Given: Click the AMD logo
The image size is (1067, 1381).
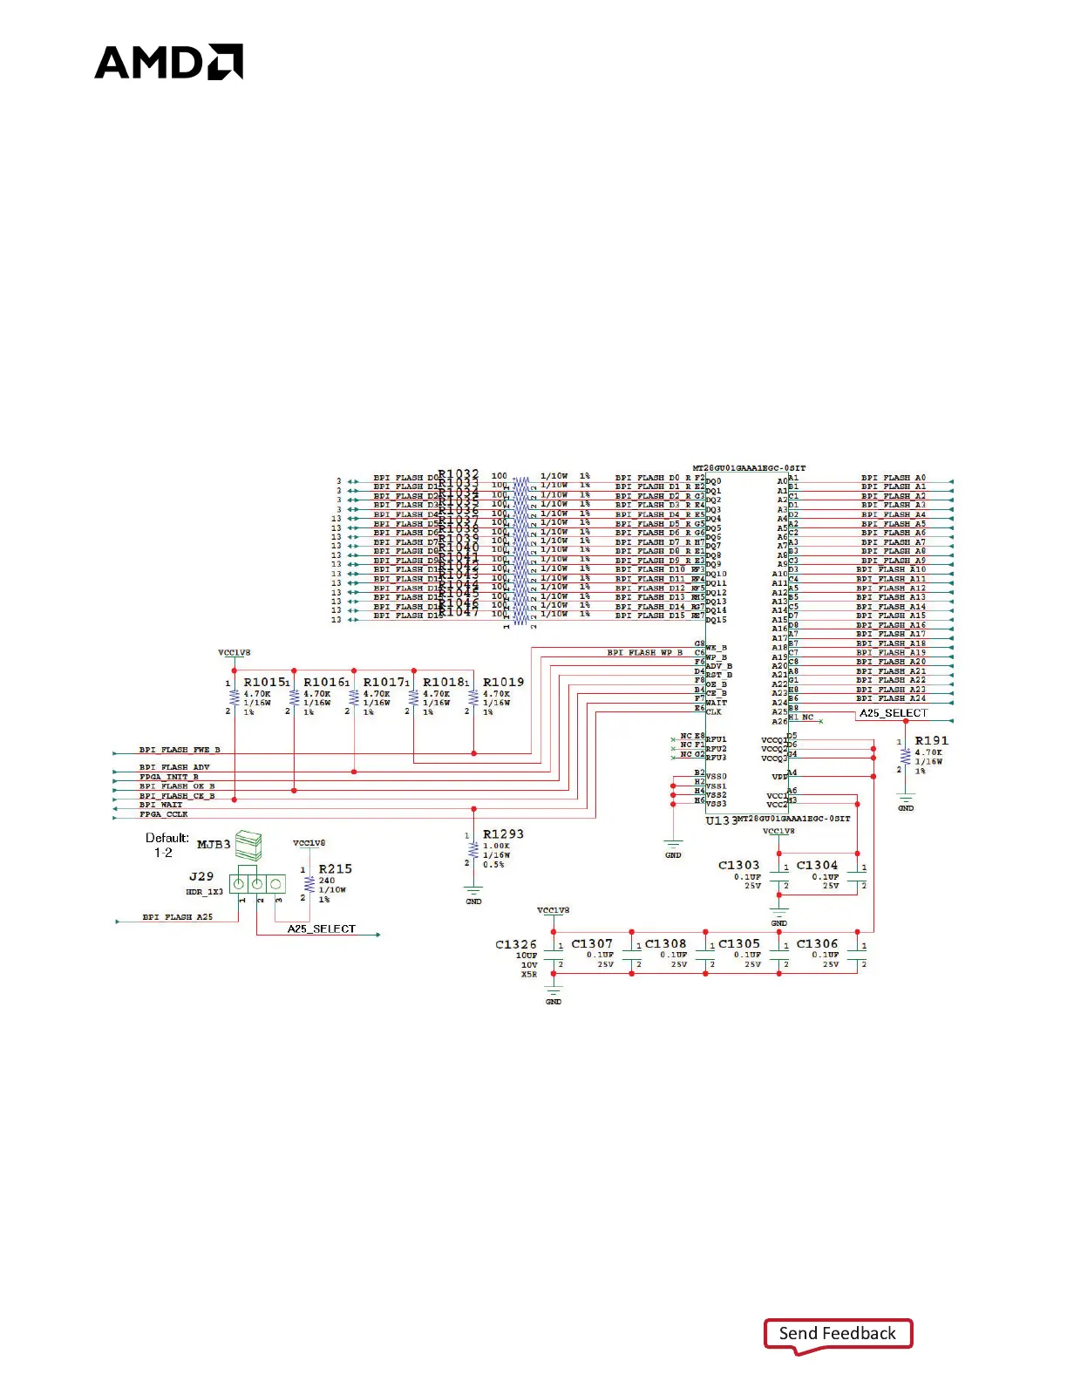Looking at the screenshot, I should tap(168, 62).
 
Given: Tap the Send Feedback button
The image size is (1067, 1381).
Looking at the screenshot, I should tap(838, 1334).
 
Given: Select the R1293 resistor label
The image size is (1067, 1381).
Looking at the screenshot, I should tap(503, 834).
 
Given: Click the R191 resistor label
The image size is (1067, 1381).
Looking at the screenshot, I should tap(931, 741).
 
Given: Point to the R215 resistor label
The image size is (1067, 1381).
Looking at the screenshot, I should tap(335, 869).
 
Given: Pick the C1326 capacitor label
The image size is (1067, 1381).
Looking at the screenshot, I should tap(516, 944).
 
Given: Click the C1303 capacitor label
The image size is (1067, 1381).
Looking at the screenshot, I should tap(738, 866).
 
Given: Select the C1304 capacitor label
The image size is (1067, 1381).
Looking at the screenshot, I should tap(817, 866).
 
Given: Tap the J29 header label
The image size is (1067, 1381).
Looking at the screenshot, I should tap(201, 876).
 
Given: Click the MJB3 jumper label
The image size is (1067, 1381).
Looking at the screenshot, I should tap(214, 845).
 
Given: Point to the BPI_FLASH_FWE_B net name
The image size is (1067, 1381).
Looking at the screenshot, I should tap(180, 750).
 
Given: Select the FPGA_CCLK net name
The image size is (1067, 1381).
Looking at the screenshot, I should tap(164, 814).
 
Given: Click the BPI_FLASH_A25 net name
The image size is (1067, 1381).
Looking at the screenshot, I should tap(178, 917).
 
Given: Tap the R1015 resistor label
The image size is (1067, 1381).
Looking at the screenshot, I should tap(264, 683).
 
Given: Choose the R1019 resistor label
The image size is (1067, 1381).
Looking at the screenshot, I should tap(503, 683).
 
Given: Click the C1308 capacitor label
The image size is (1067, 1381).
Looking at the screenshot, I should tap(665, 944).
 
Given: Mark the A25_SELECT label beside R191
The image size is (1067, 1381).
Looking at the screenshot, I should tap(894, 713).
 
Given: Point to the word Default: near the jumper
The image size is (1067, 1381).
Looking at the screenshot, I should tap(167, 838).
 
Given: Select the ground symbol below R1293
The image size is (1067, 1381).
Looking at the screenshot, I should tap(473, 893).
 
